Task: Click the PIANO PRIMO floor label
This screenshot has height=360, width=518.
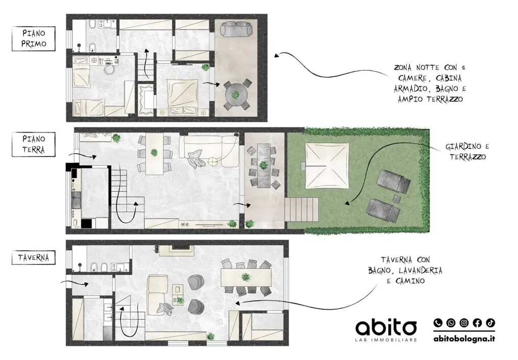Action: [33, 38]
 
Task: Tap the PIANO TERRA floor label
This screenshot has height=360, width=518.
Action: [33, 144]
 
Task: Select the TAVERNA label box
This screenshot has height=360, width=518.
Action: [33, 258]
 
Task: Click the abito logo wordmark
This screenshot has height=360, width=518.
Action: [386, 328]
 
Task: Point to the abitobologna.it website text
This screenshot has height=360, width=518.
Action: [464, 339]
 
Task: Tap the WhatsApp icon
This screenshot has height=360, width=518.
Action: [451, 323]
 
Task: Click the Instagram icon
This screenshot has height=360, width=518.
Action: [464, 323]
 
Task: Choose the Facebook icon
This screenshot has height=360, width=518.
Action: [478, 323]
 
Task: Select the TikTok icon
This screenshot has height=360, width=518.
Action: [491, 323]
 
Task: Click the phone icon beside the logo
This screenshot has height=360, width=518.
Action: [438, 323]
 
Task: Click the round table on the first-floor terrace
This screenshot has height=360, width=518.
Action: [236, 94]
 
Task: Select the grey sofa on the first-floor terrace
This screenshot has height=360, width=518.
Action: [236, 29]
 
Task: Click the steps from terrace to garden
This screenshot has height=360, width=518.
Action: [301, 209]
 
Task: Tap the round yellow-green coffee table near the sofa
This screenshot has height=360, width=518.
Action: [212, 161]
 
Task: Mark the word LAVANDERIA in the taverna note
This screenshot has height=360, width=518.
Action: [420, 271]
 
